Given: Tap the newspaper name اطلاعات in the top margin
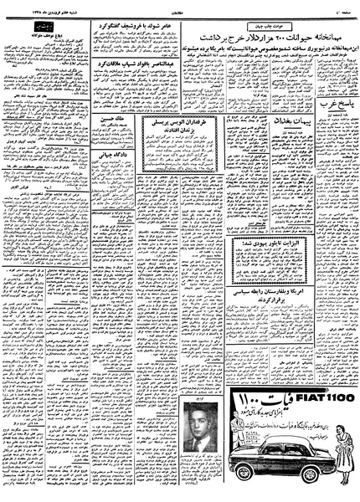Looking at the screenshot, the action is tap(180, 8).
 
